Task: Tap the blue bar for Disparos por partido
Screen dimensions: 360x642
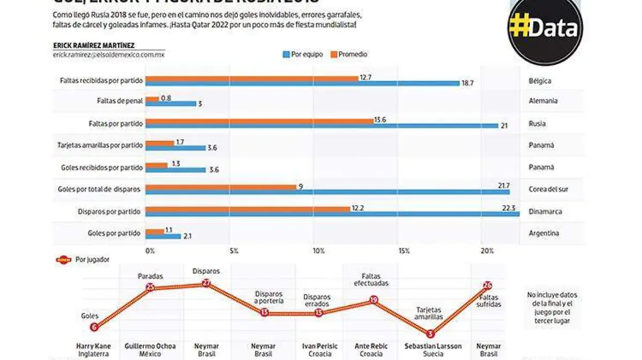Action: point(332,214)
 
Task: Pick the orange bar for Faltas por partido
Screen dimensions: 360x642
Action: point(259,121)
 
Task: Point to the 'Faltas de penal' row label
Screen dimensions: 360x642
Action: point(120,101)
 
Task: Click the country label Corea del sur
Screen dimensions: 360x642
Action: point(546,189)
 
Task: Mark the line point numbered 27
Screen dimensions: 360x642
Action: point(207,284)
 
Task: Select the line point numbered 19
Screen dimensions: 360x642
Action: point(374,300)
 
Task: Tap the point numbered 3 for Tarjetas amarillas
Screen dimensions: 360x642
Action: point(430,334)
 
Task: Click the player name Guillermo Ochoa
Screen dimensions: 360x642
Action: point(150,346)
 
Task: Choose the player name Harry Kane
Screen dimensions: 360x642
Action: point(93,346)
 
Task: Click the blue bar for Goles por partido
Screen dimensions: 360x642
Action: point(163,236)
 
